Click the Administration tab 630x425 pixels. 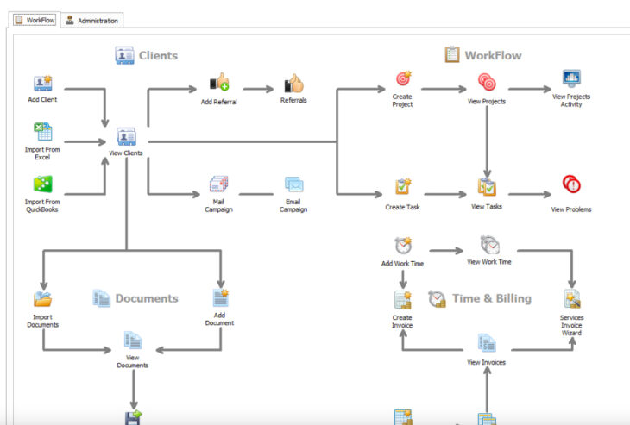[92, 20]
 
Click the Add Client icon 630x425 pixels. [43, 83]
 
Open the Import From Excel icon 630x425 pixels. [43, 132]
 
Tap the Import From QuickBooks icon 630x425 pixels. [43, 184]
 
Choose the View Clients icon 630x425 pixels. [126, 136]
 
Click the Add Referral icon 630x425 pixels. [218, 83]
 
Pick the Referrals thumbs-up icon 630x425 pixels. [294, 84]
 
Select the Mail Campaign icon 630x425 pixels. [218, 184]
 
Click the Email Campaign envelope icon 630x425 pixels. [294, 184]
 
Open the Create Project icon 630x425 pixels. [403, 81]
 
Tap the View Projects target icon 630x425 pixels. [487, 83]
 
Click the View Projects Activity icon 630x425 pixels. [571, 79]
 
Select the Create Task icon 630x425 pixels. [403, 186]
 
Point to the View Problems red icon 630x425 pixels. [571, 184]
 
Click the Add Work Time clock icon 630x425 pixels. [403, 245]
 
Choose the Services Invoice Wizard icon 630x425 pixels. [571, 299]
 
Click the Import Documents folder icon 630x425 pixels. [43, 298]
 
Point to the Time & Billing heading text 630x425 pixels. [492, 298]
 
